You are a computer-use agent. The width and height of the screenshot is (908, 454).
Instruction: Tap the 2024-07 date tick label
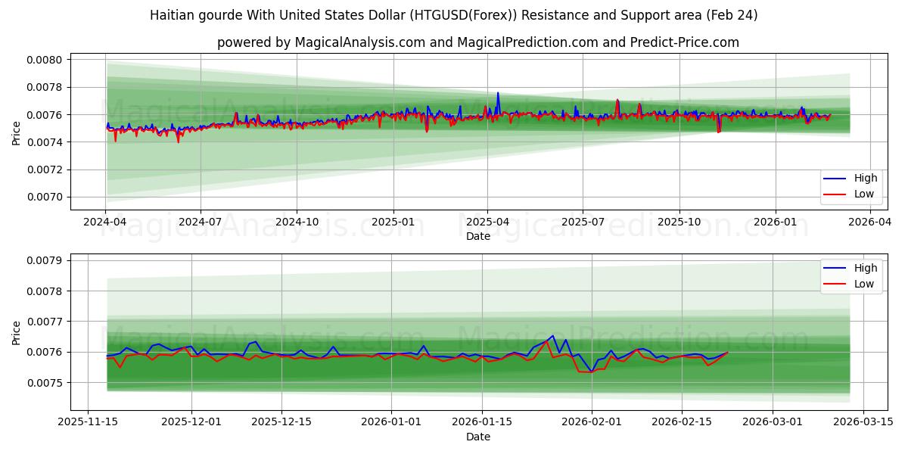[201, 222]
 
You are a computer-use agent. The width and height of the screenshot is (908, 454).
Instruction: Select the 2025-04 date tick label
[487, 222]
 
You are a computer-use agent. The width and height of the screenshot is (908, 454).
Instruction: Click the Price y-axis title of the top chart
[17, 134]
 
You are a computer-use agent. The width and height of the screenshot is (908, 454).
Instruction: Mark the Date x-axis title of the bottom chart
[477, 437]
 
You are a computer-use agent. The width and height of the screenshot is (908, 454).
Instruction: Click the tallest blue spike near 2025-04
[498, 93]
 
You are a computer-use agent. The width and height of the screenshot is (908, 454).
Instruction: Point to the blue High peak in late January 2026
[552, 336]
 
